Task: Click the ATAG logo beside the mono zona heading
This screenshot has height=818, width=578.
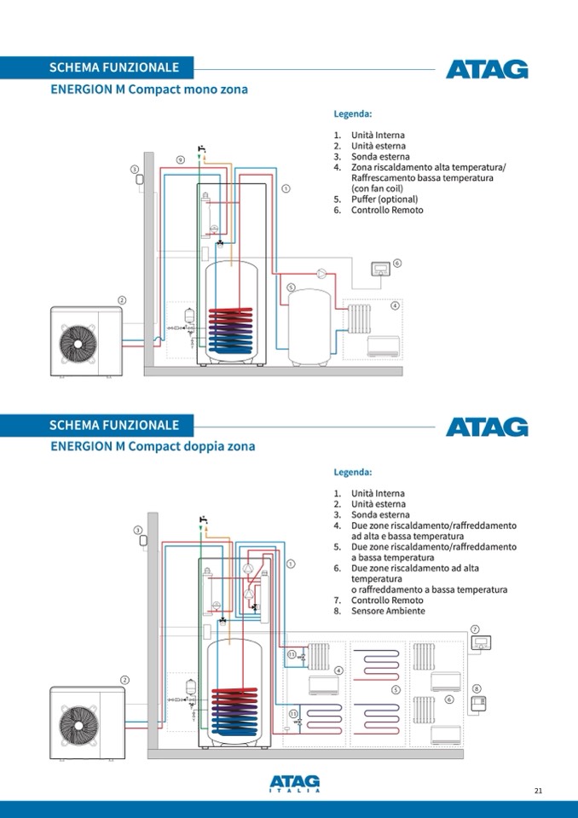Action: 487,69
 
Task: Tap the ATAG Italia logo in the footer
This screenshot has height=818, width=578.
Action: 295,782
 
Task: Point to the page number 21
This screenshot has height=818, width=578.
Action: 538,791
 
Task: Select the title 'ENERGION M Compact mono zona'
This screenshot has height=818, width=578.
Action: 149,89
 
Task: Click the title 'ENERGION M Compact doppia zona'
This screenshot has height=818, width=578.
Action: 153,446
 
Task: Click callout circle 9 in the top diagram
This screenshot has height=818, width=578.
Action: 180,160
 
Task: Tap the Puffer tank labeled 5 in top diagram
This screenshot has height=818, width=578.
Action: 310,327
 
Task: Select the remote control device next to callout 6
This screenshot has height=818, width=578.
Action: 379,270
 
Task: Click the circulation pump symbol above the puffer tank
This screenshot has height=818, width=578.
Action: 321,274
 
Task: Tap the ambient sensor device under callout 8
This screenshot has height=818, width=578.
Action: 477,703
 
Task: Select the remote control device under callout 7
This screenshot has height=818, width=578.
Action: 482,643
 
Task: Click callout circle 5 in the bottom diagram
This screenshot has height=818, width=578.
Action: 396,689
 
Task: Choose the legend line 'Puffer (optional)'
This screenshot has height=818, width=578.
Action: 384,200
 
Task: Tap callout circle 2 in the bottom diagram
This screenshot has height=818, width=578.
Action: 124,680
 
